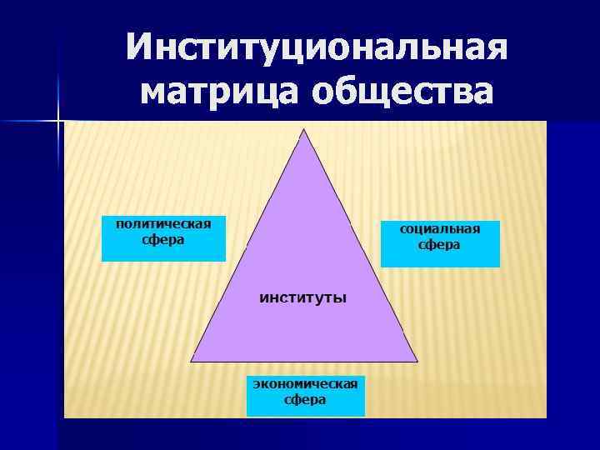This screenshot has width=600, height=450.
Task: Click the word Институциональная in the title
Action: coord(317,47)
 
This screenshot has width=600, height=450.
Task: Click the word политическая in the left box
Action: coord(163,223)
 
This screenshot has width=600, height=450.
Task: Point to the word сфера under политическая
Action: coord(163,239)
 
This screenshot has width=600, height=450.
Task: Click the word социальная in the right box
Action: coord(440,229)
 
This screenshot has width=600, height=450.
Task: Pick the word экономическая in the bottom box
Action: coord(306,384)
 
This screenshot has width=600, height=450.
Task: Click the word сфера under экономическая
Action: coord(306,400)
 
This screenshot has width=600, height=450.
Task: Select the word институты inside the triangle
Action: coord(304,297)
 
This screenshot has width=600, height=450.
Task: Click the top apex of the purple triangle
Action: coord(304,130)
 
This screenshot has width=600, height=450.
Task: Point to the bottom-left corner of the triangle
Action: coord(192,360)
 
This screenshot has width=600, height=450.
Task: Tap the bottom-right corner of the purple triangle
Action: coord(417,360)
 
